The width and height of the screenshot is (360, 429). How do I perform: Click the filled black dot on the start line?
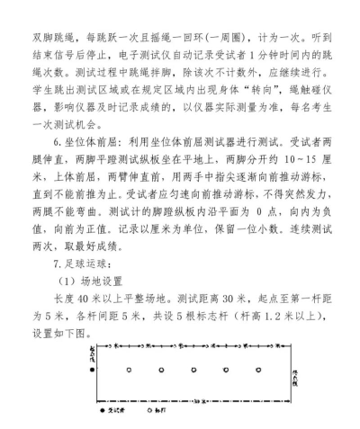[x=90, y=370]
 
